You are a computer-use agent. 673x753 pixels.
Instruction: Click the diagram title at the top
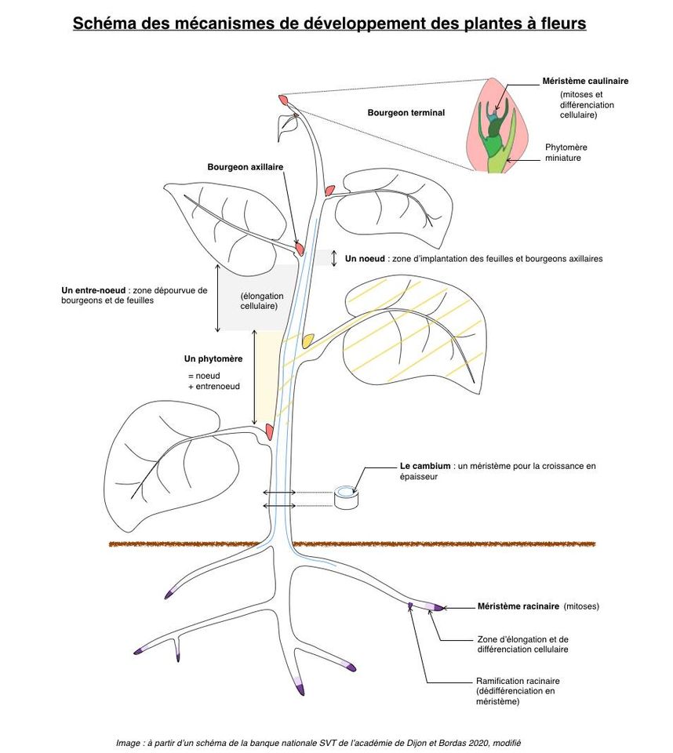tap(329, 24)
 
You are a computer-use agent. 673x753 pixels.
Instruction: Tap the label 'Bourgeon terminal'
tap(406, 113)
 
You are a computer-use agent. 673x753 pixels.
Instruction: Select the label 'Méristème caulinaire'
tap(584, 81)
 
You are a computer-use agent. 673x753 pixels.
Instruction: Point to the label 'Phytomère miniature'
tap(566, 152)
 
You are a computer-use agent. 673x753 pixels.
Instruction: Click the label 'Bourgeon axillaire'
tap(245, 167)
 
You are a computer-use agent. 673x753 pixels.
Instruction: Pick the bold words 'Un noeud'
tap(366, 258)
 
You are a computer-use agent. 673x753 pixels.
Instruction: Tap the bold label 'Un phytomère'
tap(213, 358)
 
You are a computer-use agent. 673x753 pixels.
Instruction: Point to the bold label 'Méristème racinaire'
tap(518, 606)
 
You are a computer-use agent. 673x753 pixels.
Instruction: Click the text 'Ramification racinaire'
tap(518, 681)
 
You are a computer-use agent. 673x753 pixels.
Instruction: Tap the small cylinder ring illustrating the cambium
tap(345, 497)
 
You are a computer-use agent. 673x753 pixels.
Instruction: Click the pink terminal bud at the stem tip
tap(283, 100)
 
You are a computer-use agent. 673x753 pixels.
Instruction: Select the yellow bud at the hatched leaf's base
tap(308, 339)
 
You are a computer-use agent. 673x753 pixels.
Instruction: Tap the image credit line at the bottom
tap(318, 742)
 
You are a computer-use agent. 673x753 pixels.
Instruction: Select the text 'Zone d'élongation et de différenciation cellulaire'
tap(522, 644)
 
